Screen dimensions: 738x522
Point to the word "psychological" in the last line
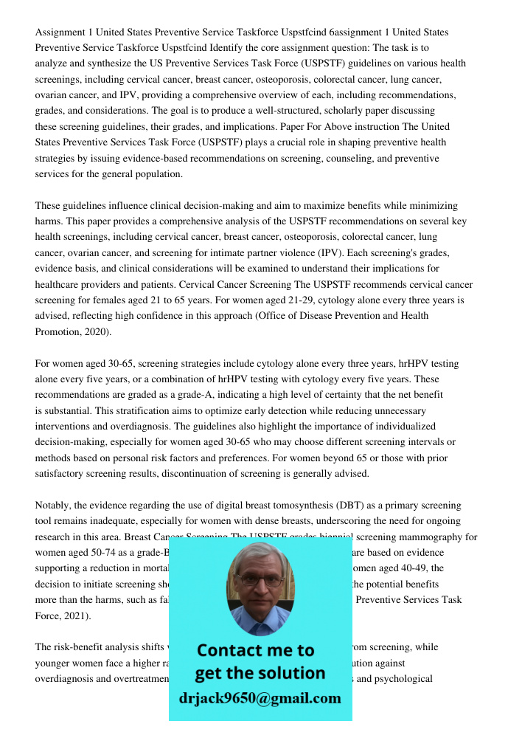pos(403,679)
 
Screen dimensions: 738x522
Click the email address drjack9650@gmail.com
pos(260,698)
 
